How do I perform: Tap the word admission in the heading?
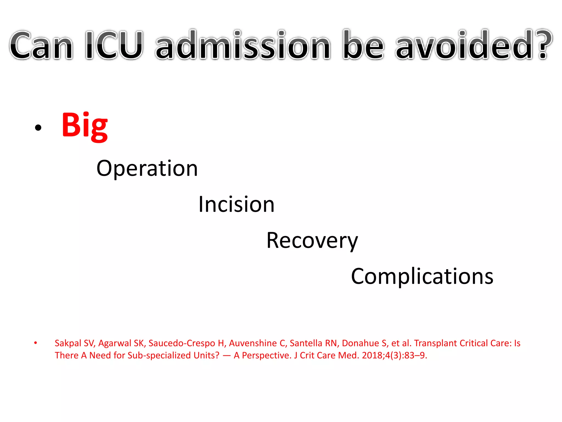(x=243, y=45)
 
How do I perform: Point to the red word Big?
(x=85, y=126)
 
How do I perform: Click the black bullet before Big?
(x=38, y=127)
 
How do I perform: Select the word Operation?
(x=147, y=168)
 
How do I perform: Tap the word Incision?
(x=236, y=204)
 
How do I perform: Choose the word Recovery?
(x=312, y=241)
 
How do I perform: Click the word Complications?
(x=422, y=276)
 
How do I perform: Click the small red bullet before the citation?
(x=35, y=343)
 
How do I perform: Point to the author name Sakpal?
(x=68, y=343)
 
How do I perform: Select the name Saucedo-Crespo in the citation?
(x=182, y=343)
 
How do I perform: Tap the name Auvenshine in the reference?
(x=253, y=343)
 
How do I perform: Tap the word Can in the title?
(x=41, y=45)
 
